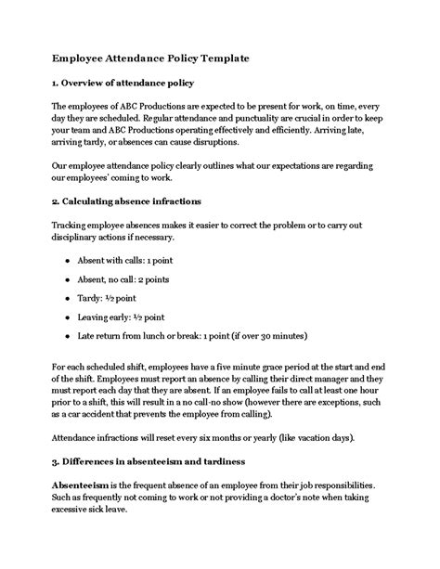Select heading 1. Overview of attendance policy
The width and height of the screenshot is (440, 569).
click(131, 84)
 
